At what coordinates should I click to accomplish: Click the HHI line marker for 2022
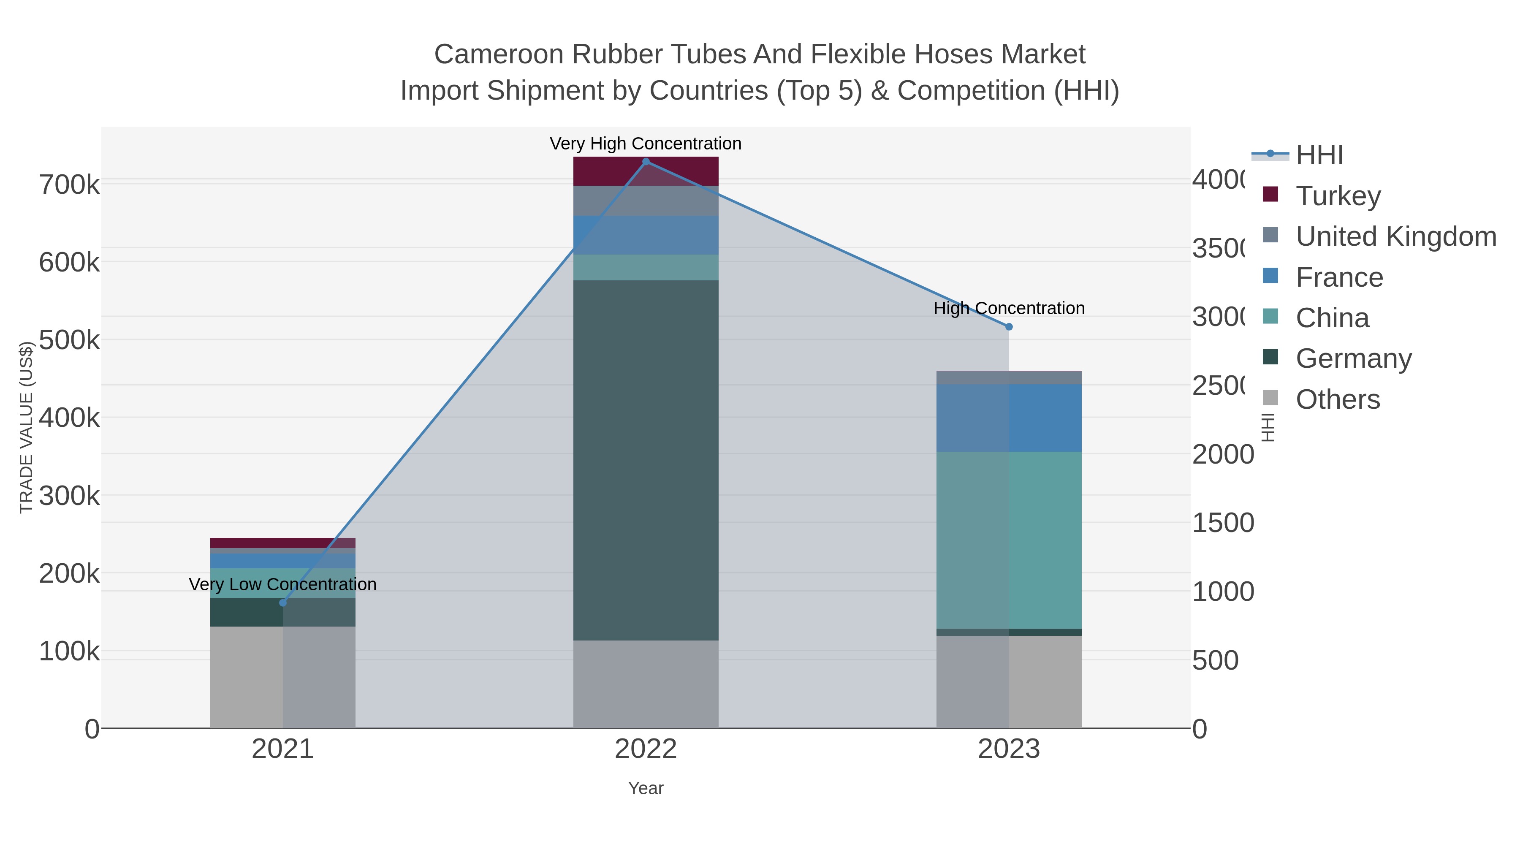coord(646,162)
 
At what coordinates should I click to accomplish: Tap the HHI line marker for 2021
coord(282,603)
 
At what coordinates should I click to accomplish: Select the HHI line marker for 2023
coord(1009,326)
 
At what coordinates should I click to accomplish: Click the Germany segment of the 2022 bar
coord(646,460)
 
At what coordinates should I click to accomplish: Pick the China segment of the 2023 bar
coord(1009,540)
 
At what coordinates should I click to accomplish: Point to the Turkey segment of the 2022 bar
coord(646,171)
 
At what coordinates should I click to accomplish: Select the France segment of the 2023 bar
coord(1009,418)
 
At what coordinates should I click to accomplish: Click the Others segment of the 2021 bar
coord(282,677)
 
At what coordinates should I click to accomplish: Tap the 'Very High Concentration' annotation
coord(646,144)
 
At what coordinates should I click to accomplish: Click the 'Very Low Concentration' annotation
coord(282,584)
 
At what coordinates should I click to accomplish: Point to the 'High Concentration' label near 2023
coord(1009,308)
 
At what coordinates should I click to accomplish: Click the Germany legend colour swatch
coord(1270,357)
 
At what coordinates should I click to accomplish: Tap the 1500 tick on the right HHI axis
coord(1223,523)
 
